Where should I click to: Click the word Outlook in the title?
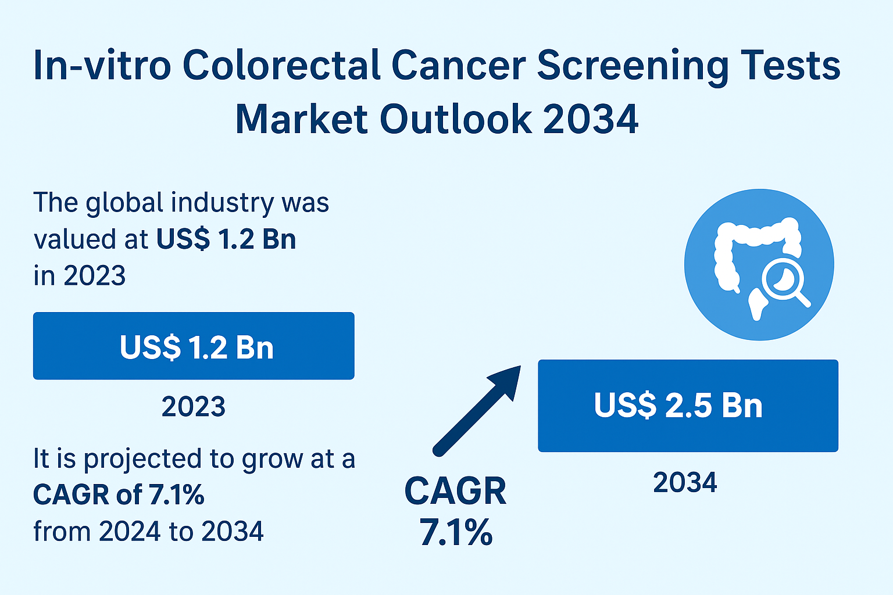click(x=455, y=119)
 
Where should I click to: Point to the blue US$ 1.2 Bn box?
click(x=194, y=346)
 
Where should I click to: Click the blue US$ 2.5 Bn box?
click(x=688, y=406)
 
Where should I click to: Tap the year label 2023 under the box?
click(x=194, y=407)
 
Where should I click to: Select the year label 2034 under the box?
click(x=685, y=483)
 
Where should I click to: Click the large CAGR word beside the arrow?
click(x=455, y=492)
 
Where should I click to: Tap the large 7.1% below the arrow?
click(x=456, y=532)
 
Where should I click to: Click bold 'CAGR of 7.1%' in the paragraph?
click(x=119, y=495)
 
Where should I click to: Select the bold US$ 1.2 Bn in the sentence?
click(x=226, y=239)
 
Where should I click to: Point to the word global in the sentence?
click(x=124, y=203)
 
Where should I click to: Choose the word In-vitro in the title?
click(x=102, y=65)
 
